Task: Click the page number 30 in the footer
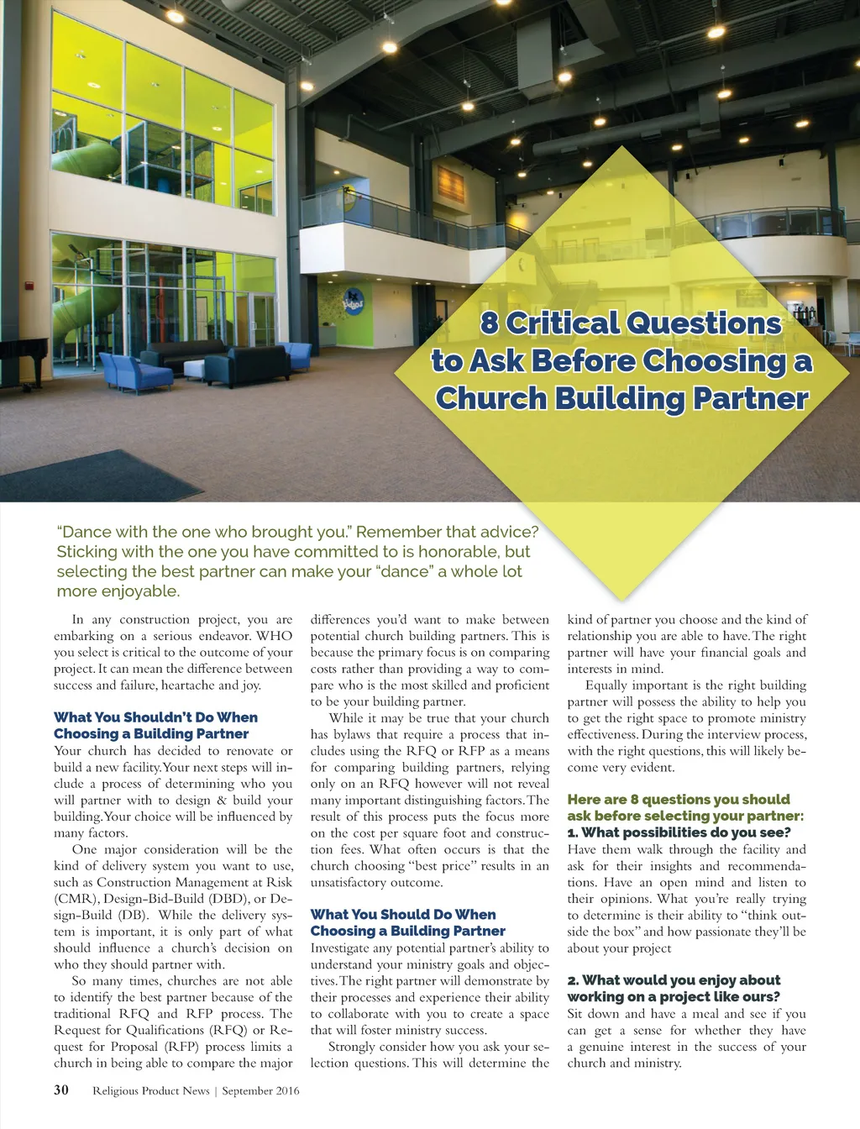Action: click(x=61, y=1090)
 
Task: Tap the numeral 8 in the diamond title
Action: click(x=490, y=323)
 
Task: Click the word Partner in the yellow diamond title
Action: click(x=750, y=398)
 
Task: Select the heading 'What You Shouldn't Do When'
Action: click(x=155, y=717)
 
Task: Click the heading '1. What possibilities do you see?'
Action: click(x=679, y=832)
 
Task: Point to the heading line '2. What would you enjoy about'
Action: click(x=674, y=980)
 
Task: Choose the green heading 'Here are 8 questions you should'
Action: click(x=679, y=800)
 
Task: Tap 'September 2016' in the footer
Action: click(x=260, y=1091)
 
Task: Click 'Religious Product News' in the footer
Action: click(x=151, y=1091)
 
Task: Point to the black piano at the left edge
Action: click(x=21, y=357)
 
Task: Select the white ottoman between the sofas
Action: click(x=194, y=370)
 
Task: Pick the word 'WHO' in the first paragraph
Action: click(x=275, y=636)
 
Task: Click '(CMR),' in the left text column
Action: click(x=75, y=899)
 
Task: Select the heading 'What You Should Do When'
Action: click(x=403, y=915)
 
